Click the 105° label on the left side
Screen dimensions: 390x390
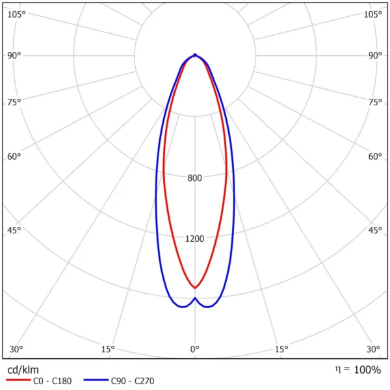click(x=16, y=14)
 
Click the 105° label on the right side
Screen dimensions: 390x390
click(x=372, y=14)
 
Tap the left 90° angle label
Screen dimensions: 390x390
click(x=14, y=55)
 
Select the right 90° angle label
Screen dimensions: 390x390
click(x=375, y=55)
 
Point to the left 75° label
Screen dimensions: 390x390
click(x=14, y=102)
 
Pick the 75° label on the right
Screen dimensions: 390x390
click(x=375, y=102)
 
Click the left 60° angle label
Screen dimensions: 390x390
click(x=14, y=157)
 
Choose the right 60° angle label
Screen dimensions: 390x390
click(x=375, y=157)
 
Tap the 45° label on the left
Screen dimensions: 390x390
click(x=14, y=230)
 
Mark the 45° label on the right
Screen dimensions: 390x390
click(x=375, y=230)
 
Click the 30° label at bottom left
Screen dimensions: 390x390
click(x=16, y=349)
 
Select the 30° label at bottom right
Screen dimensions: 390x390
click(x=373, y=349)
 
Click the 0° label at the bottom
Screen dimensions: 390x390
click(x=195, y=349)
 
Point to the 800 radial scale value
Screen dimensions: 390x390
click(x=195, y=178)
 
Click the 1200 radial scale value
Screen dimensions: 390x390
click(x=195, y=239)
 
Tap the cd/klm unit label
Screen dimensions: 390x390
click(x=23, y=370)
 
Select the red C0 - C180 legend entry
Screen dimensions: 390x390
click(x=38, y=381)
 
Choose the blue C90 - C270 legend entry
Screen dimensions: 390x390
click(x=119, y=381)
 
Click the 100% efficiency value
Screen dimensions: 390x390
click(x=367, y=370)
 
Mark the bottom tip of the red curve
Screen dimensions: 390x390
click(x=195, y=288)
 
